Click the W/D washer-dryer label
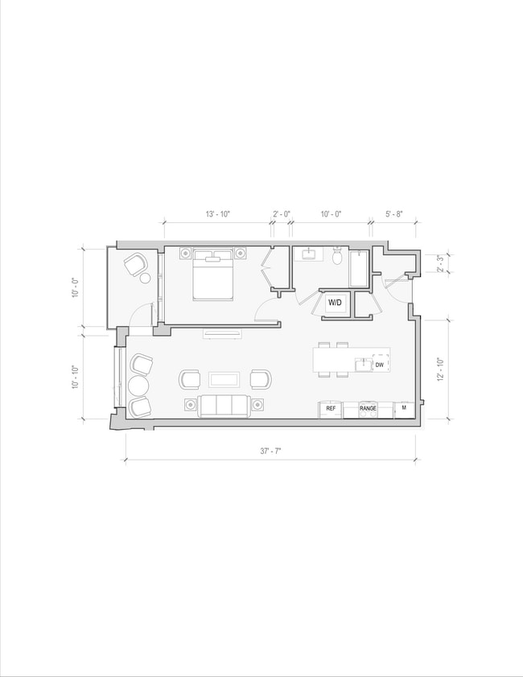335,303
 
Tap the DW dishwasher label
380,365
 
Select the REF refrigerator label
330,409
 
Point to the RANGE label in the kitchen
368,409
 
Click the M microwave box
404,409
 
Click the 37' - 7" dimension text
270,452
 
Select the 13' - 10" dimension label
217,214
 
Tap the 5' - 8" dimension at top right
393,214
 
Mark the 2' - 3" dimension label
440,264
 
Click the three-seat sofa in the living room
224,405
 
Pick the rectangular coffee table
224,379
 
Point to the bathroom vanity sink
309,255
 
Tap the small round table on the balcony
146,279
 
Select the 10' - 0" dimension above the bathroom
331,214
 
